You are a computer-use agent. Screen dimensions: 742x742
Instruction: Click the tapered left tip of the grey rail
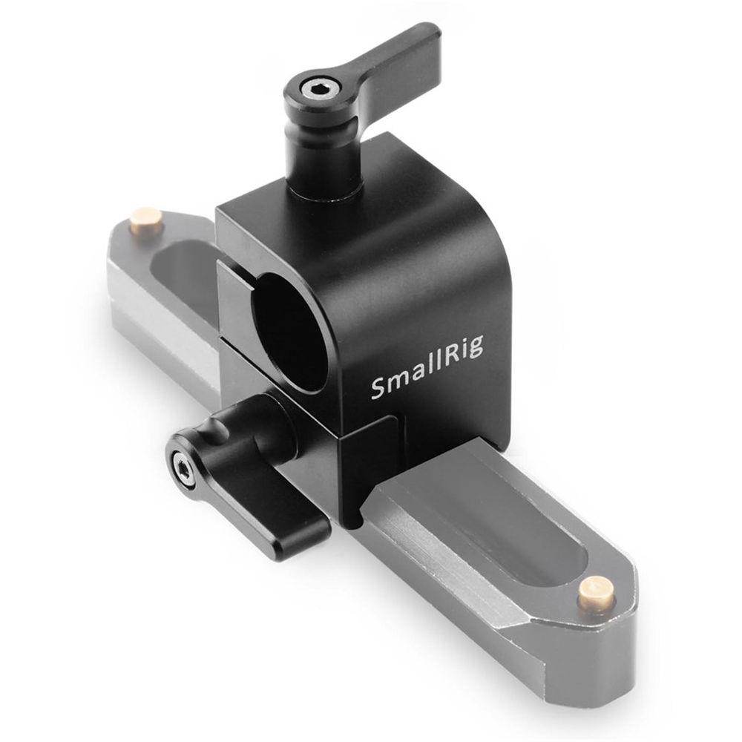119,245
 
